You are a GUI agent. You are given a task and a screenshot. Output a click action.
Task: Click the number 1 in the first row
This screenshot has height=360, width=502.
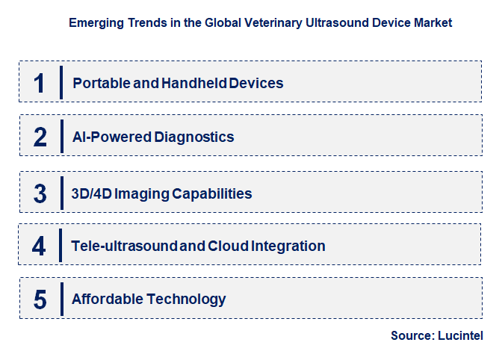click(40, 82)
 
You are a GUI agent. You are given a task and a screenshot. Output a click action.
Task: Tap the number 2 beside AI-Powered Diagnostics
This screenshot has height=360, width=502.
click(40, 137)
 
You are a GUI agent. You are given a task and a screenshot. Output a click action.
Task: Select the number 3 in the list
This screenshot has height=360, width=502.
click(40, 193)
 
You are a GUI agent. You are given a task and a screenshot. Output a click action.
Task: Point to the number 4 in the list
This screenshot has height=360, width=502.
click(40, 246)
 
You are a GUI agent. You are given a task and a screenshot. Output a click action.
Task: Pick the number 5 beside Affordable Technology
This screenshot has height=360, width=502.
click(40, 300)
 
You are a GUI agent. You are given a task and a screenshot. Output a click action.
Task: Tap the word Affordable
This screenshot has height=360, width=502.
click(107, 300)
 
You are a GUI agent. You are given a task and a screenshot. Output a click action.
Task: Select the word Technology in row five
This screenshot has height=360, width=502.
click(186, 300)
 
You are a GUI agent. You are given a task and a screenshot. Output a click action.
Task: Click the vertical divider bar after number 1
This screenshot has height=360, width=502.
click(61, 82)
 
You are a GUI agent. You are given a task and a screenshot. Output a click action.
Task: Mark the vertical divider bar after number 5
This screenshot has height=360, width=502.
click(61, 300)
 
